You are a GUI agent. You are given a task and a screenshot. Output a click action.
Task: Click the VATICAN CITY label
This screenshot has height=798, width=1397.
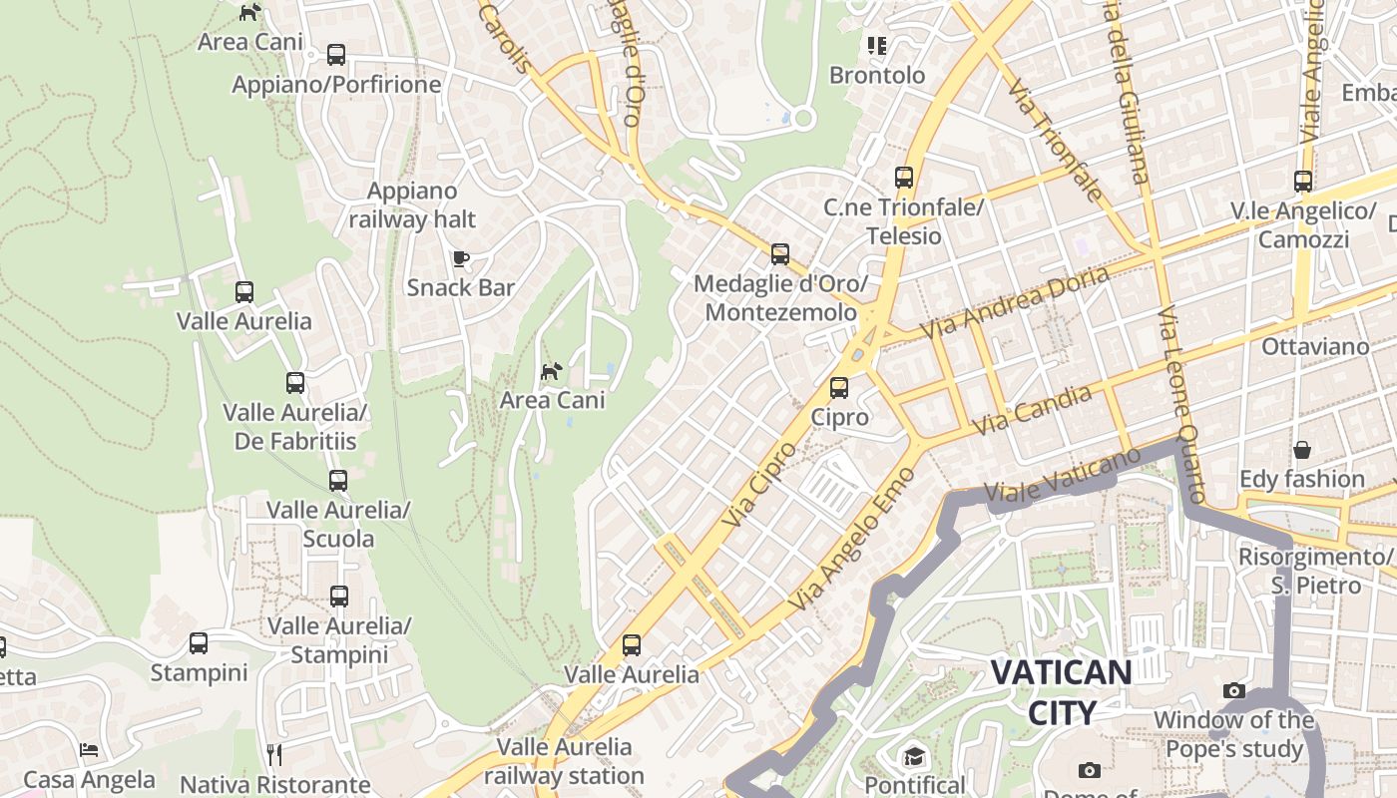(x=1061, y=692)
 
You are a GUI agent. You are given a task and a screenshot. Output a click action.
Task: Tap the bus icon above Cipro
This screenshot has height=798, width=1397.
(x=839, y=388)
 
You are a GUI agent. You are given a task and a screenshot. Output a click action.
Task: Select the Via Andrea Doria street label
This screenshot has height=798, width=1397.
(x=1014, y=301)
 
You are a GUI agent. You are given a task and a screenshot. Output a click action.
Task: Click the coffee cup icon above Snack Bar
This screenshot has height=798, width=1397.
(x=460, y=258)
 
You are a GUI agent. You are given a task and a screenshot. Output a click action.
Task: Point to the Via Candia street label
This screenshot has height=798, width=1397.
(x=1032, y=410)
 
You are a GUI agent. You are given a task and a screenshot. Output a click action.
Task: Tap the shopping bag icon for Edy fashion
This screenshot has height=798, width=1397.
(x=1301, y=450)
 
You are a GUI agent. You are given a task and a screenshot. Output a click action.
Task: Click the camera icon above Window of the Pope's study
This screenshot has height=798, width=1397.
(x=1234, y=690)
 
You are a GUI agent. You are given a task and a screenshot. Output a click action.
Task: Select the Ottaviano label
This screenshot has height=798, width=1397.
(x=1315, y=347)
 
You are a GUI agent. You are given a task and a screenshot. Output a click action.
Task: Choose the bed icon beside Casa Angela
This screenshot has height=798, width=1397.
(x=89, y=750)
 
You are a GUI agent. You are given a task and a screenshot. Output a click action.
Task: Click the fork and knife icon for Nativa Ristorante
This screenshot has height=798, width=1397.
(x=274, y=754)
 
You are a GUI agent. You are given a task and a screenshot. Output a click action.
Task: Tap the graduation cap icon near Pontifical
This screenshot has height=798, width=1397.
(x=914, y=756)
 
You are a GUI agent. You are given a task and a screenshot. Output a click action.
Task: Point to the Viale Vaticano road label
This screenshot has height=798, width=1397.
(x=1062, y=475)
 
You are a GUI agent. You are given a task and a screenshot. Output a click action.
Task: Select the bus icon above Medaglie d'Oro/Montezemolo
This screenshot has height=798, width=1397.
(x=780, y=254)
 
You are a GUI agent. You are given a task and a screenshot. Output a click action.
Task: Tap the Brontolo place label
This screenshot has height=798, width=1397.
(x=878, y=76)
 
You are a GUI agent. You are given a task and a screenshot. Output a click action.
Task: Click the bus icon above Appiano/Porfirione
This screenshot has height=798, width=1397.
(x=336, y=55)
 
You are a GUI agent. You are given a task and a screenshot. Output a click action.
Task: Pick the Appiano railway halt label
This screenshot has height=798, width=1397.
(x=412, y=205)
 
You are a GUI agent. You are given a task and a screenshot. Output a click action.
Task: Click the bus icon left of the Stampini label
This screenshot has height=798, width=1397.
(x=199, y=643)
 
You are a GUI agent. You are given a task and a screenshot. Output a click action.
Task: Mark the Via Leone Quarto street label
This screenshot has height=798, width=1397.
(x=1183, y=404)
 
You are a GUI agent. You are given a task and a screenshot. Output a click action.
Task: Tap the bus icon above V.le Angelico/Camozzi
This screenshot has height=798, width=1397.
(x=1303, y=182)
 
